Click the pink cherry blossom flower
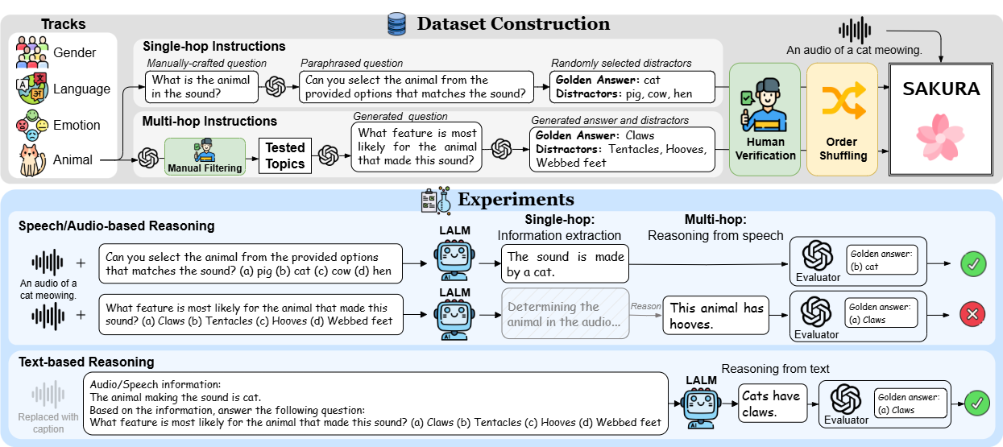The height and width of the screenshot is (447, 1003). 940,136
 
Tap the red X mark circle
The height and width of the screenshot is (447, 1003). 972,314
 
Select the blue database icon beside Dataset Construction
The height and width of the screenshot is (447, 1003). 396,23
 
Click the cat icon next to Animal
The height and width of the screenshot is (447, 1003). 32,160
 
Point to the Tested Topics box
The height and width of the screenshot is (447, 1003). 285,155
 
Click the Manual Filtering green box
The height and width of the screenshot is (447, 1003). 205,156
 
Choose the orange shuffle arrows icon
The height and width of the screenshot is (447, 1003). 843,100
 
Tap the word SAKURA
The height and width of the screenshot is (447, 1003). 941,89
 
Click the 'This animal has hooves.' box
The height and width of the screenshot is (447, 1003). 716,315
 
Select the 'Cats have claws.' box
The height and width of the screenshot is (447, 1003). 773,404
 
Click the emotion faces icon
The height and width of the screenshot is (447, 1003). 32,126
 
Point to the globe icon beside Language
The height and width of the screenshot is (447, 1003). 31,89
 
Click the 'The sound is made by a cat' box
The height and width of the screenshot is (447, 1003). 565,263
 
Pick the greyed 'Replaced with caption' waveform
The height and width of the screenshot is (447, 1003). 48,394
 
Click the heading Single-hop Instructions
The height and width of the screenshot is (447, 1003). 214,46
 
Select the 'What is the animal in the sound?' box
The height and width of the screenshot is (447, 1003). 202,87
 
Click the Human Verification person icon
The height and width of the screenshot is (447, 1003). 764,106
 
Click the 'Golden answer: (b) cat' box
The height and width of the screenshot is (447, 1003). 881,260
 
